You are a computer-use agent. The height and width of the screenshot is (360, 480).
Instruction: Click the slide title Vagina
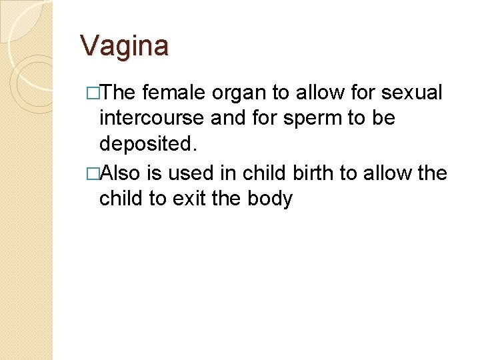tap(125, 46)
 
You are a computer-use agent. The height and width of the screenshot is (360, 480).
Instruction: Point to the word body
tap(271, 198)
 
